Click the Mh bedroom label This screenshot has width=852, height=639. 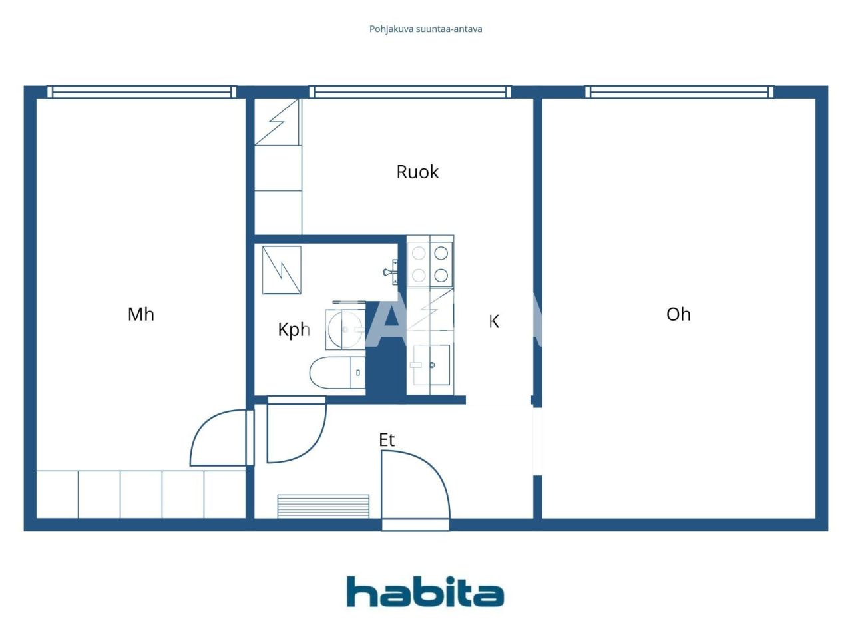click(x=141, y=314)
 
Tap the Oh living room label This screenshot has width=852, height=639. click(x=678, y=314)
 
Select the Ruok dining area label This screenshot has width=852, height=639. click(x=417, y=172)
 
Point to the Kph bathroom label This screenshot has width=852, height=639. click(x=294, y=329)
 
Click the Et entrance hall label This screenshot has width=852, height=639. click(x=387, y=440)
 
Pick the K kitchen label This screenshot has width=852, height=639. click(x=494, y=321)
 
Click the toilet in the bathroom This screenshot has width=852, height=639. click(x=337, y=373)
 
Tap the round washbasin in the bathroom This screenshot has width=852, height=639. click(x=345, y=329)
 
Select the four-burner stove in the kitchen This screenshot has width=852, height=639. click(x=430, y=264)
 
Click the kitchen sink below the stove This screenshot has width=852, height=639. click(x=431, y=365)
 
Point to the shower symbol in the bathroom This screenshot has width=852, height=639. click(x=282, y=270)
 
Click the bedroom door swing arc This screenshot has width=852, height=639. click(x=216, y=439)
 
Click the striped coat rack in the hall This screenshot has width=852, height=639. click(x=323, y=506)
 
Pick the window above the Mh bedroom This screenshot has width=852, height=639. click(x=142, y=92)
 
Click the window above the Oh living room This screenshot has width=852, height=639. click(x=680, y=92)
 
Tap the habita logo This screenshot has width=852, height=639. click(x=425, y=592)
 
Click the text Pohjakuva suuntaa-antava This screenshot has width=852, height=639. click(x=426, y=29)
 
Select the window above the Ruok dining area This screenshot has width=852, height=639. click(x=410, y=92)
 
